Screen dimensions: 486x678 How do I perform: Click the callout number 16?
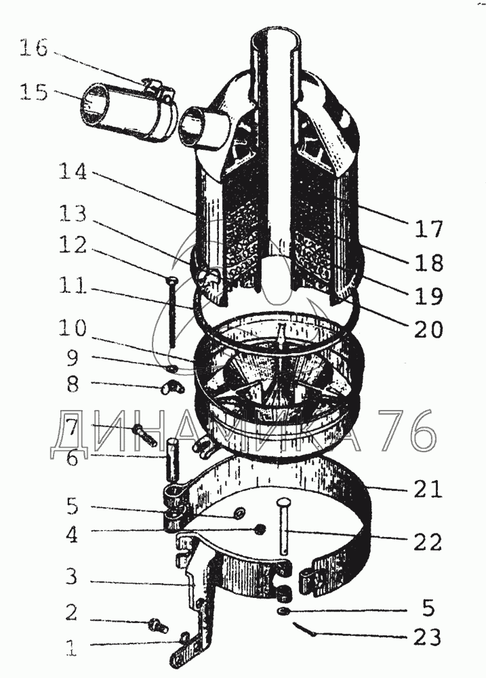coord(33,49)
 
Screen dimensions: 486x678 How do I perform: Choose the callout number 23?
coord(426,637)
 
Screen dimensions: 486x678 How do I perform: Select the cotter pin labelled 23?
coord(308,631)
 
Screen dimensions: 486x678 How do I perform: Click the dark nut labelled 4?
coord(259,529)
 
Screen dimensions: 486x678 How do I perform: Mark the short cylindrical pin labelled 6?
coord(174,458)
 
